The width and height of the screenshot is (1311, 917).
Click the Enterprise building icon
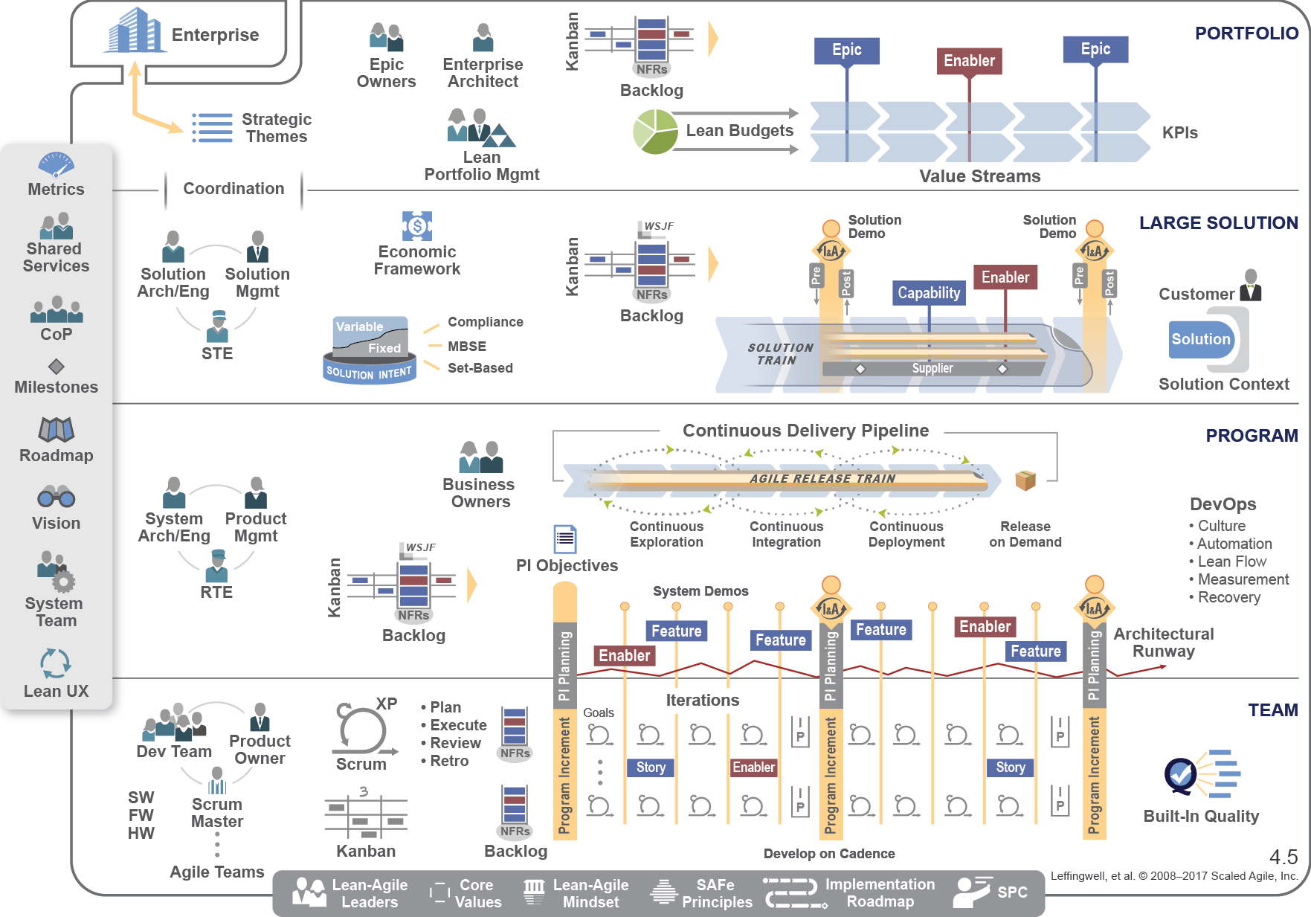[x=134, y=31]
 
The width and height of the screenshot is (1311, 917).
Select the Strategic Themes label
[x=276, y=128]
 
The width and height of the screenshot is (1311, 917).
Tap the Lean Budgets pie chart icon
[x=655, y=132]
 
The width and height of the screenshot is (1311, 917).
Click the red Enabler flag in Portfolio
[x=969, y=61]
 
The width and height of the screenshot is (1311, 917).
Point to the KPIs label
[x=1179, y=133]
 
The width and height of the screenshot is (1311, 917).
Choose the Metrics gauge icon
[x=56, y=164]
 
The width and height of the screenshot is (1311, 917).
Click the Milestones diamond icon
[x=56, y=367]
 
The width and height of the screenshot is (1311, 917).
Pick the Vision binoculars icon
[x=56, y=497]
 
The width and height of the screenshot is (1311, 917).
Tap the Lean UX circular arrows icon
[x=56, y=663]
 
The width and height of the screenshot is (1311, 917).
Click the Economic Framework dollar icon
[x=417, y=226]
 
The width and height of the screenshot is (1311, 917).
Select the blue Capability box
[x=929, y=293]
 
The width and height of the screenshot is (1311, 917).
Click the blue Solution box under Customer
[x=1200, y=339]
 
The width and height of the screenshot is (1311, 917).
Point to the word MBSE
[x=467, y=347]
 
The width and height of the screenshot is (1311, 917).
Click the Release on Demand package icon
[x=1025, y=480]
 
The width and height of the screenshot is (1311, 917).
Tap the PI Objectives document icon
[x=565, y=538]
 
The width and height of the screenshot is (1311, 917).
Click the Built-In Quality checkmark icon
[x=1181, y=775]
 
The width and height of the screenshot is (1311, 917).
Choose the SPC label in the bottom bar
[x=1012, y=892]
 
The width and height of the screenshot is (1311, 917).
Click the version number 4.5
[x=1283, y=858]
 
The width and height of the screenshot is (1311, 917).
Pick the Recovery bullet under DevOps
[x=1228, y=597]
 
